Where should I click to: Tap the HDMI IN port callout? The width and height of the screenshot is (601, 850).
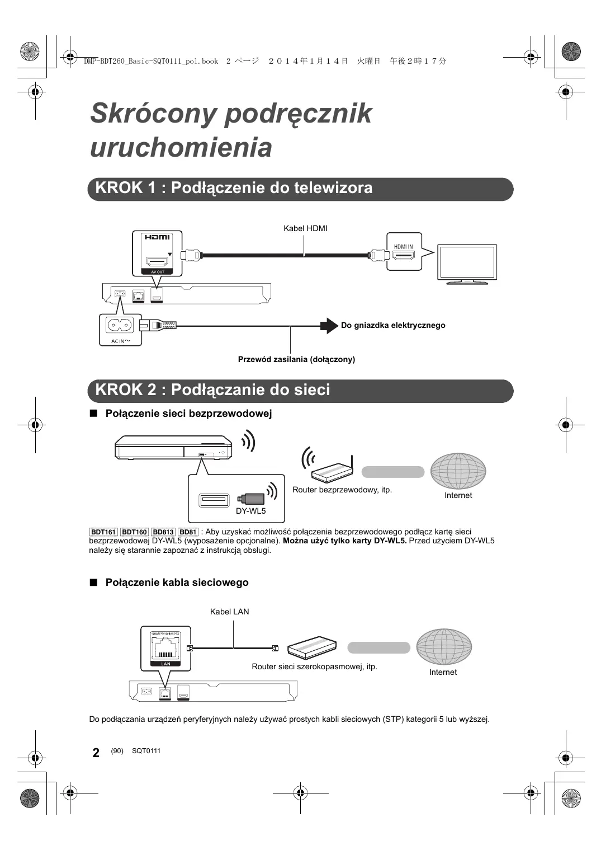pos(404,251)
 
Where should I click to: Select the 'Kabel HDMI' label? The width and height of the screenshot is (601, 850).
pos(305,228)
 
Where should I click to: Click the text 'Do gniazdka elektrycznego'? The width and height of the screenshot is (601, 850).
pos(393,325)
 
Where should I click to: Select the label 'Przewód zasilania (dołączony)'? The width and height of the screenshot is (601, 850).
pos(296,359)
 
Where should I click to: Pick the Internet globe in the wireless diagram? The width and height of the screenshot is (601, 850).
pos(458,471)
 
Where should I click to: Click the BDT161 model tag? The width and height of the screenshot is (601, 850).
pos(103,532)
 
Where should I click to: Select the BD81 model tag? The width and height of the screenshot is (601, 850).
pos(188,532)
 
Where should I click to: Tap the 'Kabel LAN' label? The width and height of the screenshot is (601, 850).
pos(229,612)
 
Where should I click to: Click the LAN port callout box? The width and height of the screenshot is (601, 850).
pos(165,648)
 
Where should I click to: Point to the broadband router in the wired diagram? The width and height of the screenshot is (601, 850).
pos(312,647)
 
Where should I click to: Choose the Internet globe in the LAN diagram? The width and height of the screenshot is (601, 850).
pos(443,647)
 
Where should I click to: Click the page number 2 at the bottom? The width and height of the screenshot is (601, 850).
pos(96,753)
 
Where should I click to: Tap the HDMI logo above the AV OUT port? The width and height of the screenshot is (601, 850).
pos(157,237)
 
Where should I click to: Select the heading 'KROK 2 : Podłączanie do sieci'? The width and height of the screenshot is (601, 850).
pos(212,390)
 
